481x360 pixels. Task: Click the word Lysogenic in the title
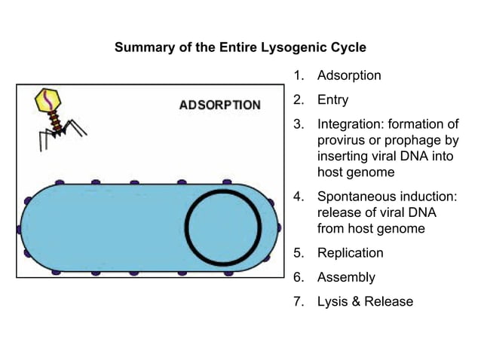[266, 47]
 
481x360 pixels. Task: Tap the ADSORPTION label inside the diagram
[219, 105]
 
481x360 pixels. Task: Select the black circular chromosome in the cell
[223, 227]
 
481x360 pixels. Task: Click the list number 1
[298, 76]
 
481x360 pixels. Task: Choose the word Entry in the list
[333, 99]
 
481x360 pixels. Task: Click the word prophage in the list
[409, 141]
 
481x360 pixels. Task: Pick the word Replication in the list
[351, 253]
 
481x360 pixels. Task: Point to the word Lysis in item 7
[333, 301]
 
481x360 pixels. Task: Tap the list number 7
[298, 301]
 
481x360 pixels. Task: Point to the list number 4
[298, 197]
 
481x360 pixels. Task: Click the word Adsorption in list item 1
[349, 76]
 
